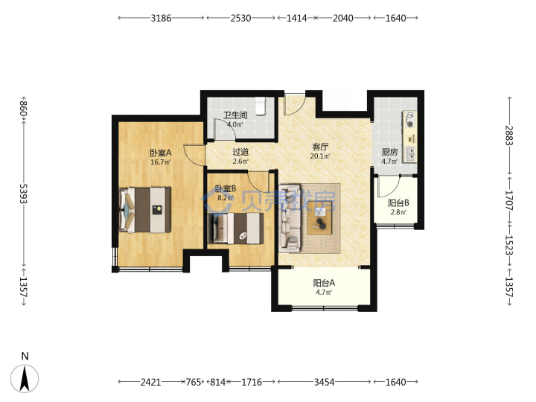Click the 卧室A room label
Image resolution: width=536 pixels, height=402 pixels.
click(160, 153)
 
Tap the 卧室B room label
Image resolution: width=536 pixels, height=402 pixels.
click(226, 188)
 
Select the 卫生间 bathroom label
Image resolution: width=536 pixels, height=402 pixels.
click(235, 115)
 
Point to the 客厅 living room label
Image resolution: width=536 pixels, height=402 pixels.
click(320, 147)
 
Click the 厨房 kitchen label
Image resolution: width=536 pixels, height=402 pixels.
click(389, 152)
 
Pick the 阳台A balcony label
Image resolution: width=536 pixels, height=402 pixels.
click(324, 283)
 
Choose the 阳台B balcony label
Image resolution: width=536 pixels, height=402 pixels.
click(398, 203)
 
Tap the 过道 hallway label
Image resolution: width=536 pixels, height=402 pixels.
click(240, 152)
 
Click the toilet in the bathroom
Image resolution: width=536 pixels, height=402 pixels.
click(261, 106)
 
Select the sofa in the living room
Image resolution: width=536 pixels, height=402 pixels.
click(290, 217)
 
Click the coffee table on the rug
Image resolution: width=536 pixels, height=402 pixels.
click(320, 217)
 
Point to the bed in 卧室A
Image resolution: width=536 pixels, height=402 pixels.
click(145, 210)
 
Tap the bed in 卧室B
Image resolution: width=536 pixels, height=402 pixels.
click(235, 229)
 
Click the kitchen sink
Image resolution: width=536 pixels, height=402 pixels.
click(410, 154)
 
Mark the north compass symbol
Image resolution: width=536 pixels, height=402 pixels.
click(25, 378)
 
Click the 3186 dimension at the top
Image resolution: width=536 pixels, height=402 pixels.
click(161, 18)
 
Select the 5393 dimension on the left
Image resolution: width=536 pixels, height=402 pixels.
click(23, 194)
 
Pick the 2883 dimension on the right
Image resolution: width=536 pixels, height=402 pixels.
click(510, 135)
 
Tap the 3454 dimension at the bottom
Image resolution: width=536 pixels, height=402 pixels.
click(324, 382)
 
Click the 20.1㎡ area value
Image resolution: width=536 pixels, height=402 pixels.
click(320, 156)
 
